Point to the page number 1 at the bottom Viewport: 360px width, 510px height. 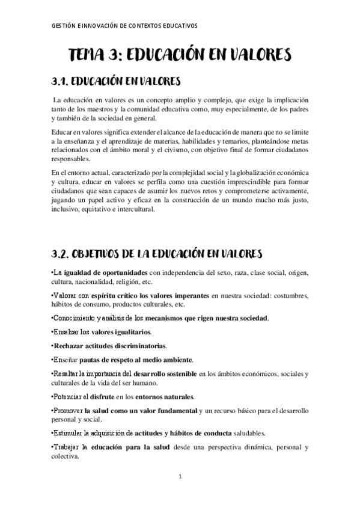point(180,478)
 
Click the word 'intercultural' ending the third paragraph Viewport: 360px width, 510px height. point(138,210)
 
